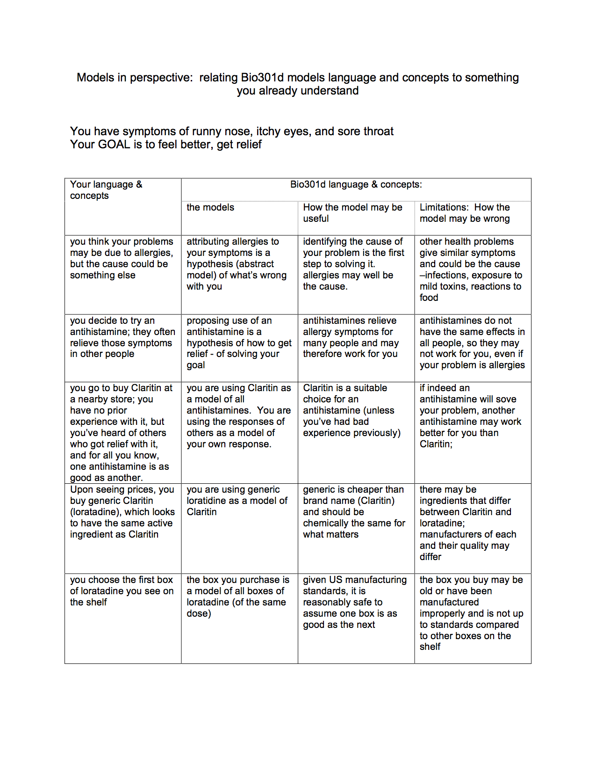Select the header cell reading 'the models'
pos(210,207)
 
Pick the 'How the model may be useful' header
pos(352,213)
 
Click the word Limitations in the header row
pos(444,207)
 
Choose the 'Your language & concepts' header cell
pos(106,190)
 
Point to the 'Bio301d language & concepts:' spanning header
pos(356,184)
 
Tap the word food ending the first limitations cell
pos(429,298)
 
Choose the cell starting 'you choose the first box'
pos(122,591)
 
